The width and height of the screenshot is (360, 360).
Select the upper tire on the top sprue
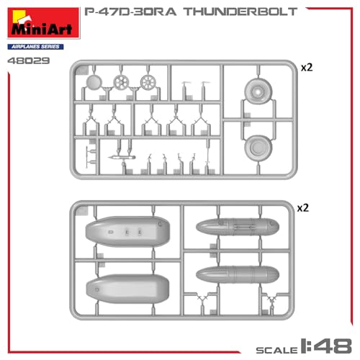pos(257,93)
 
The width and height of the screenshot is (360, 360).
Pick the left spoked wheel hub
pos(123,83)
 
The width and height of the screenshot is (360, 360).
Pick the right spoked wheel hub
pos(149,83)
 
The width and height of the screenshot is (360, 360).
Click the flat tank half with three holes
pos(127,232)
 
